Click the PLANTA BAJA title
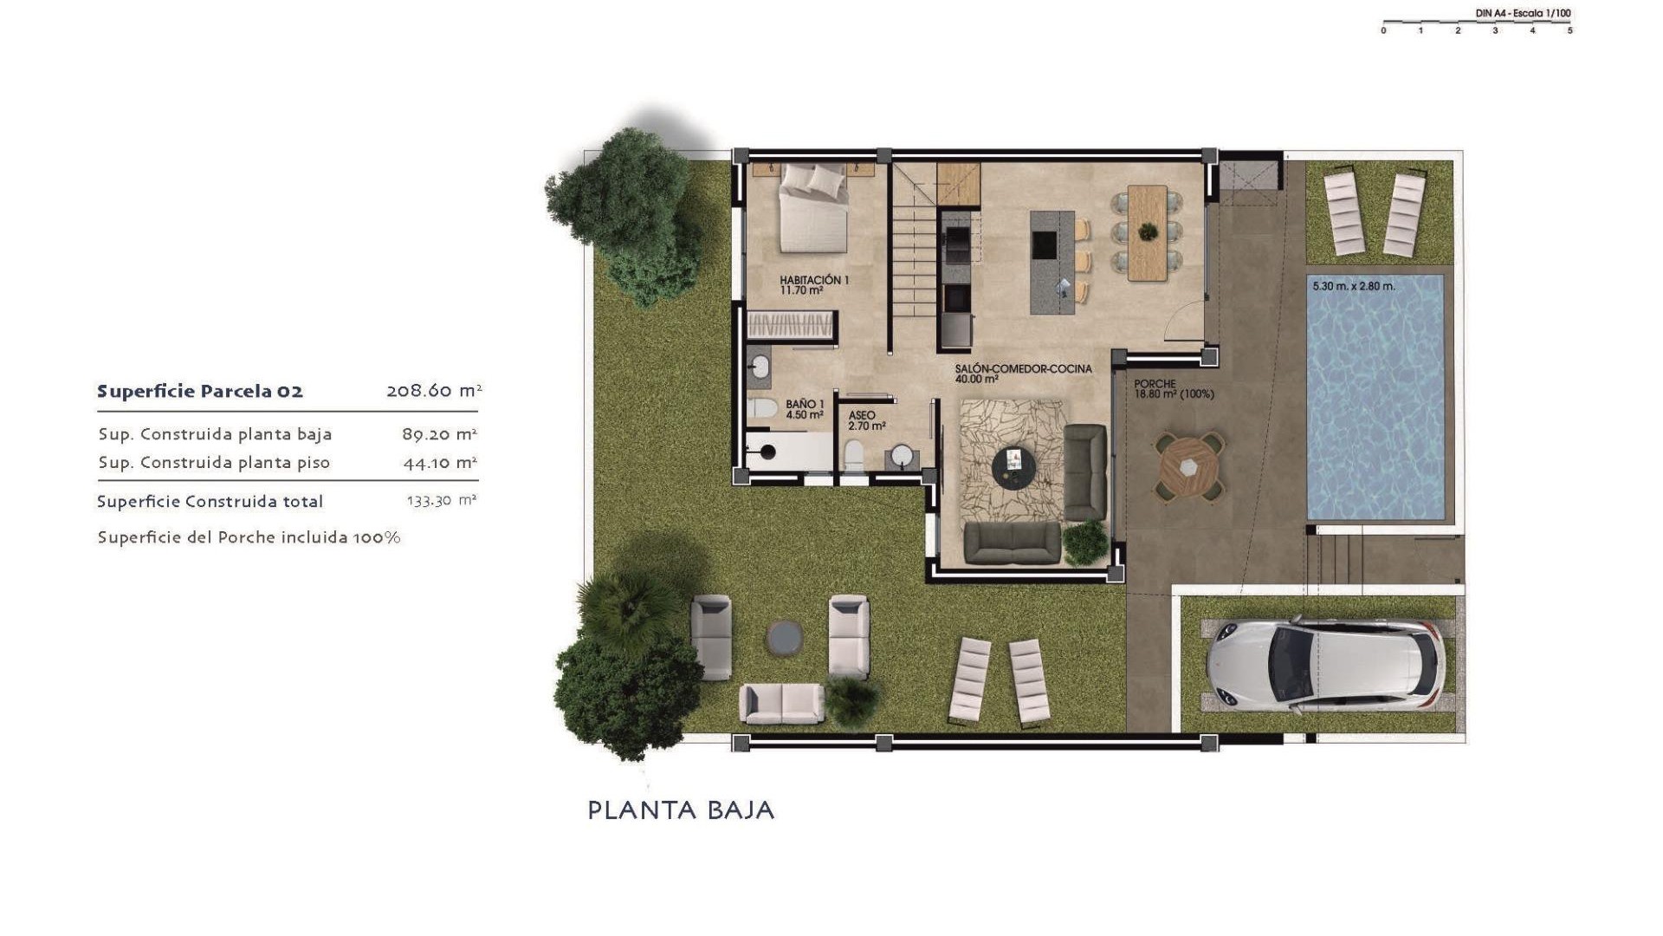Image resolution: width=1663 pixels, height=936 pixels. [x=681, y=810]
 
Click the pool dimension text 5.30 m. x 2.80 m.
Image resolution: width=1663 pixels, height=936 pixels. [x=1353, y=286]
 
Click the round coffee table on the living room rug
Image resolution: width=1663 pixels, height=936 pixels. [x=1013, y=467]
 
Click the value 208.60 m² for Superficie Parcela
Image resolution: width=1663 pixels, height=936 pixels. [x=434, y=391]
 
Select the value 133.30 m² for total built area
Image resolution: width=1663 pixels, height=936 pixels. [x=442, y=501]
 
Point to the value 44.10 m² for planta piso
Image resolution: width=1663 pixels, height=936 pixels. [x=440, y=463]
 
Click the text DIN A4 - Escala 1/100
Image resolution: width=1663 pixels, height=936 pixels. [x=1523, y=13]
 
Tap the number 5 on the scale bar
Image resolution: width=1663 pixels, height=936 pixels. [x=1569, y=31]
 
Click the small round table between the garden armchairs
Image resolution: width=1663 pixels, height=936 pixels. [x=784, y=638]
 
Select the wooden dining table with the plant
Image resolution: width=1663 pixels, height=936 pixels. [x=1148, y=233]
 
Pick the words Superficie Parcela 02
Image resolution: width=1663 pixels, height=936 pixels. [x=200, y=392]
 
